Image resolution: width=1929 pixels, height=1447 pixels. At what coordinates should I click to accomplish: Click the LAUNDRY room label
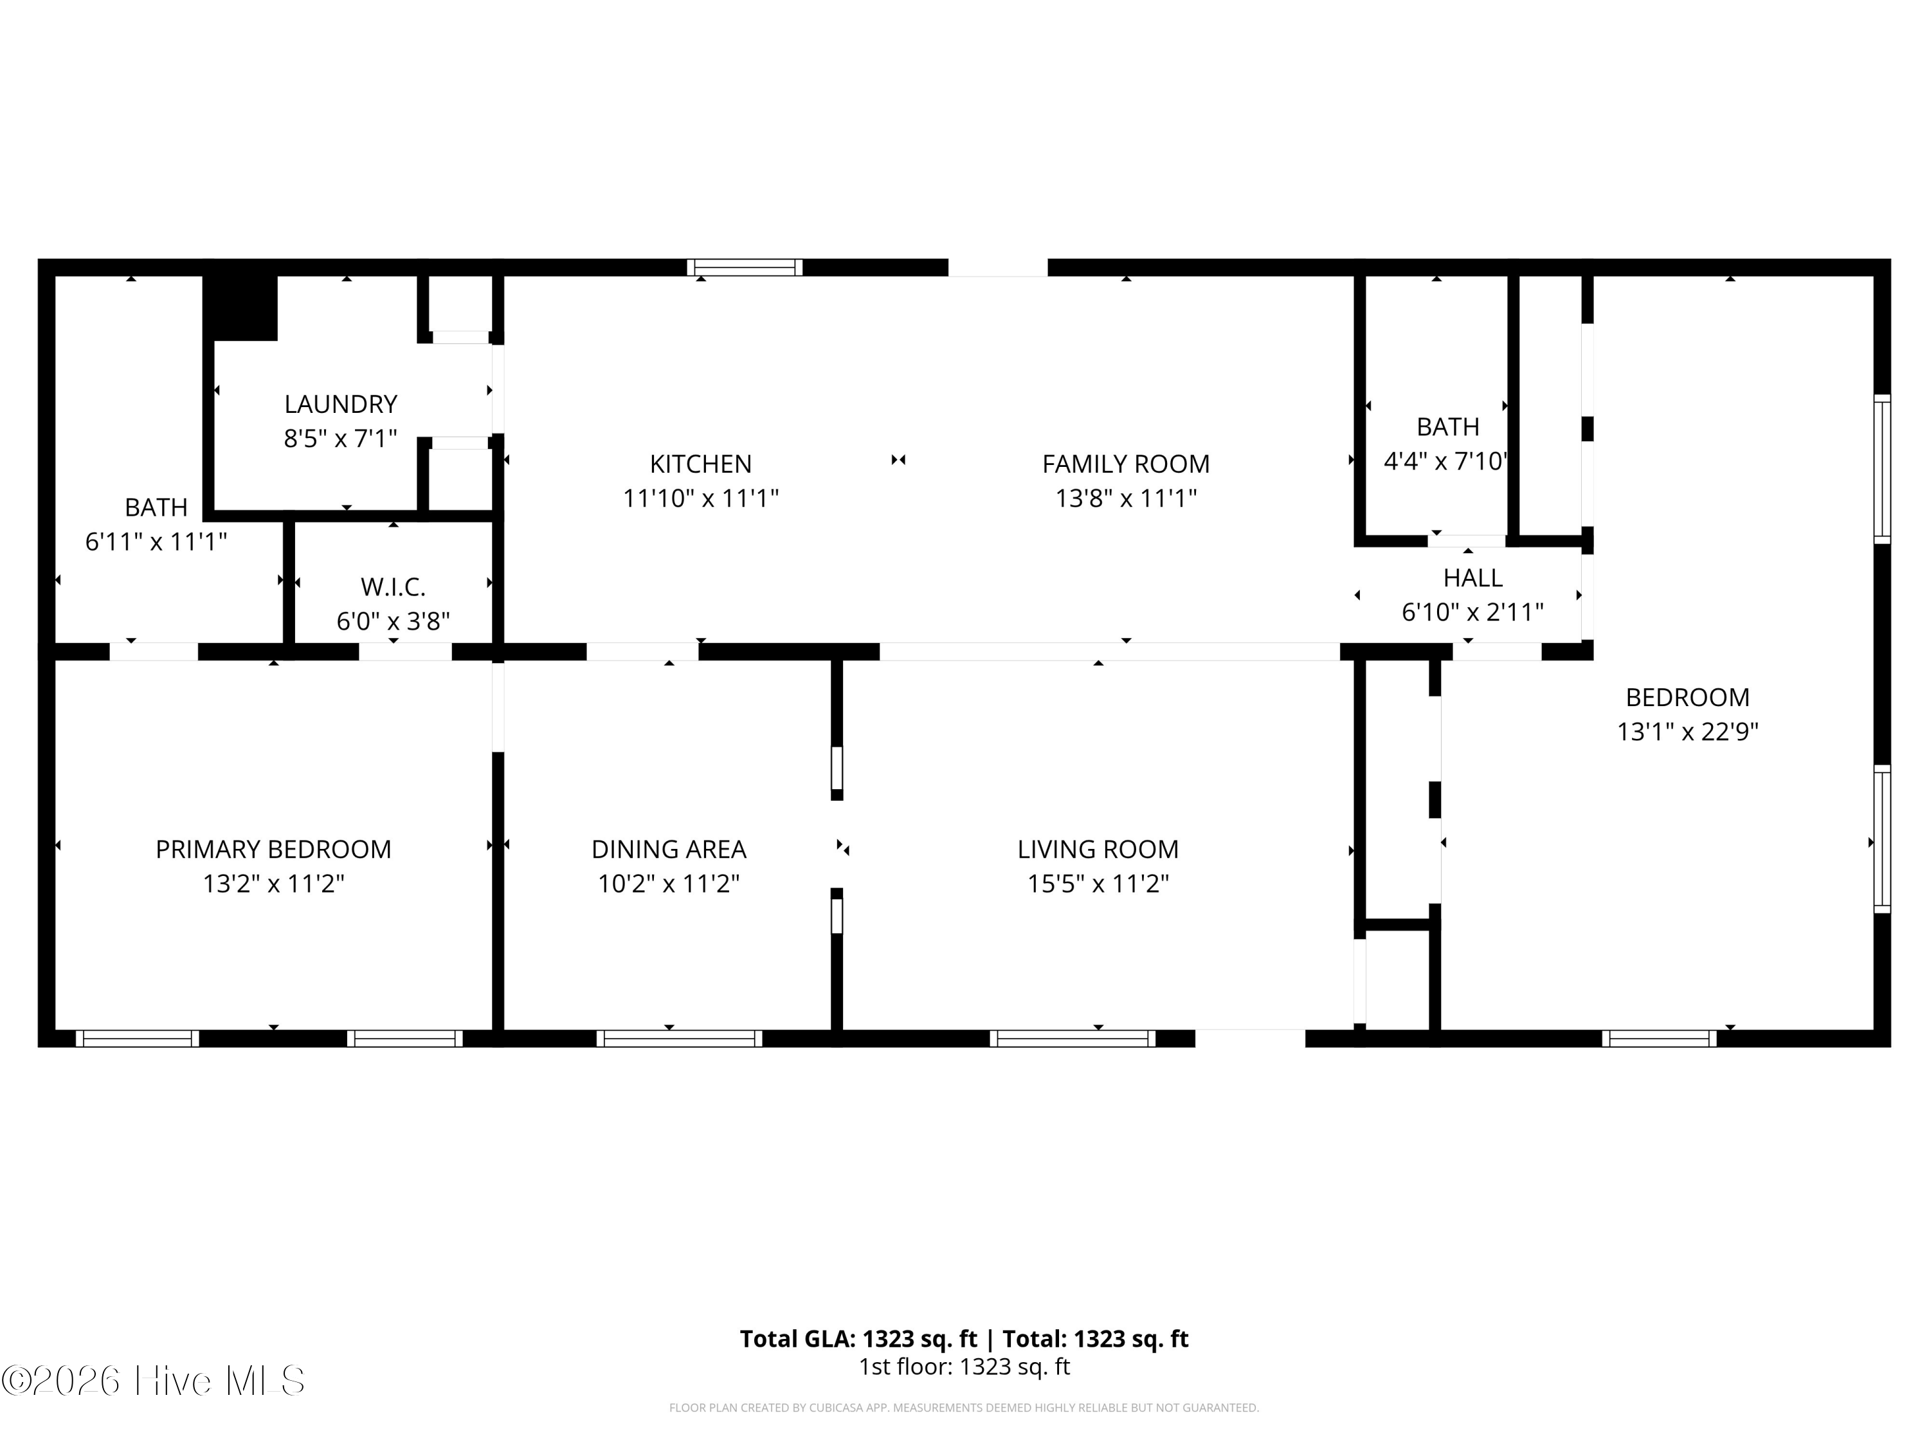pos(340,404)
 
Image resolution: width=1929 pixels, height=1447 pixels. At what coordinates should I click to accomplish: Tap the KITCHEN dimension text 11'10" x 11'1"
pos(700,498)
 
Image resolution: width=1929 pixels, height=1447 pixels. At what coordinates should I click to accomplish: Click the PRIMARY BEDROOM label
pos(273,849)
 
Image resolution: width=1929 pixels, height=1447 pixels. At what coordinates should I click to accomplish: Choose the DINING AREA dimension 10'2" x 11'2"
pos(668,884)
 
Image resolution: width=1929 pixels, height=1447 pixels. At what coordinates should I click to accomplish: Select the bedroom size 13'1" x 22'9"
pos(1687,731)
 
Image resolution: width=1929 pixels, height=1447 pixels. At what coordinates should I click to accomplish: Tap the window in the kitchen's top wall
pos(744,267)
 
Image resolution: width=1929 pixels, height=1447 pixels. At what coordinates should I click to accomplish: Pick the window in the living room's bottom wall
pos(1072,1038)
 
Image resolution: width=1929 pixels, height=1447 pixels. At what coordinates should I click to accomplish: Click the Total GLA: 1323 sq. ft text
pos(859,1339)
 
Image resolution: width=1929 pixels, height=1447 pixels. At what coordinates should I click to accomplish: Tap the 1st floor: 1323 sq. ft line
pos(964,1367)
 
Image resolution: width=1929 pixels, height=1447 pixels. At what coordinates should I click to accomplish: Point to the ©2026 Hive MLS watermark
pos(154,1381)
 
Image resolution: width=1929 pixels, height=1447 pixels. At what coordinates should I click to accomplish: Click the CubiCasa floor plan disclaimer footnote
pos(964,1407)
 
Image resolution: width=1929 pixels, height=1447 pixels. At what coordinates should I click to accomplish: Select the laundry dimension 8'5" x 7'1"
pos(340,438)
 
